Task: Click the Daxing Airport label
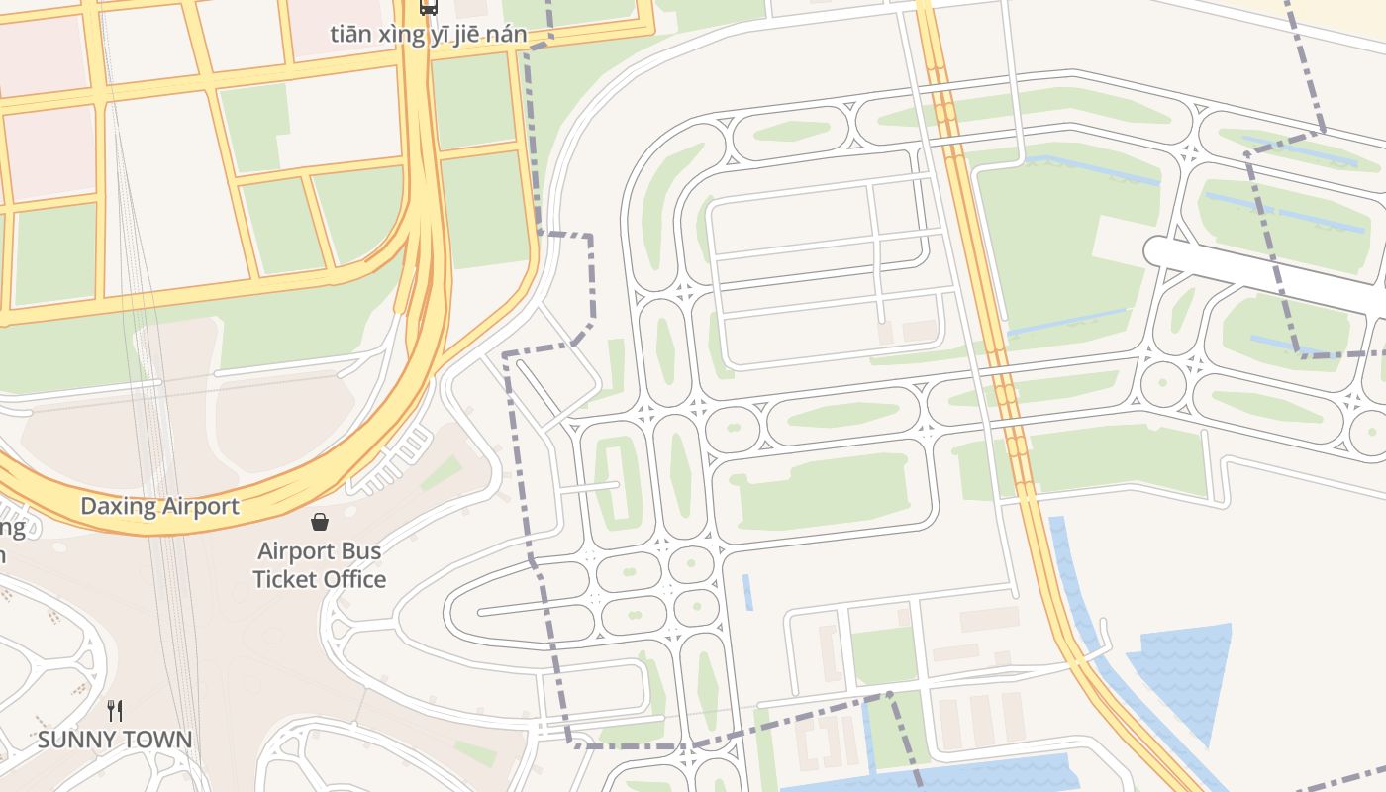click(x=159, y=507)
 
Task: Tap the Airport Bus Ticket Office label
click(x=319, y=565)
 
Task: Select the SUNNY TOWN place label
click(x=115, y=740)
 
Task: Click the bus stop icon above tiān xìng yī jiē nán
click(x=428, y=7)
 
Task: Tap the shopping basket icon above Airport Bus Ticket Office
click(x=320, y=522)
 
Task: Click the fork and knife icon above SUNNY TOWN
click(x=115, y=710)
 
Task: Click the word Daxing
click(x=118, y=507)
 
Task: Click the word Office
click(x=355, y=579)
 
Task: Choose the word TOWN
click(x=157, y=740)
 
